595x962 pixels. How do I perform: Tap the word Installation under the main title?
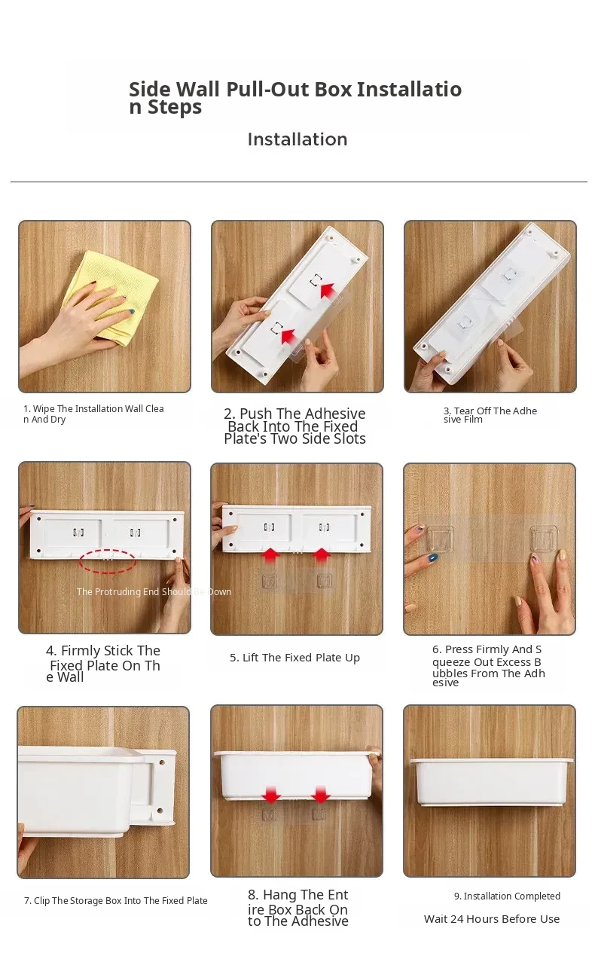click(x=297, y=139)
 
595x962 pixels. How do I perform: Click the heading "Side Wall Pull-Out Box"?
click(x=240, y=90)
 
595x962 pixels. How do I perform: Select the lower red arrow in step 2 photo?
click(x=288, y=336)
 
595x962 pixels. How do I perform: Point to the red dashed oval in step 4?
click(x=108, y=561)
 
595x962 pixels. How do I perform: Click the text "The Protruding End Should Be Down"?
click(x=154, y=592)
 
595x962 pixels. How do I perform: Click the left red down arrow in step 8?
click(x=271, y=794)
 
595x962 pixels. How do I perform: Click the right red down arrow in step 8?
click(x=321, y=794)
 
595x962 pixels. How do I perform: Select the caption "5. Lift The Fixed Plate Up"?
click(x=294, y=658)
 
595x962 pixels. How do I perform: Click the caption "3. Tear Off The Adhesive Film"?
click(x=490, y=415)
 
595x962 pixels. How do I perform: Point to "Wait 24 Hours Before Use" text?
click(x=492, y=918)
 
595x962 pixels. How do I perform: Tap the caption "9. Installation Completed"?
click(x=508, y=896)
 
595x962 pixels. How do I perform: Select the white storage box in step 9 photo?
click(x=491, y=782)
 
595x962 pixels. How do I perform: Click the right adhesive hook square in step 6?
click(x=544, y=539)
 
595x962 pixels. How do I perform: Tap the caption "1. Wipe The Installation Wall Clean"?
click(x=93, y=414)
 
